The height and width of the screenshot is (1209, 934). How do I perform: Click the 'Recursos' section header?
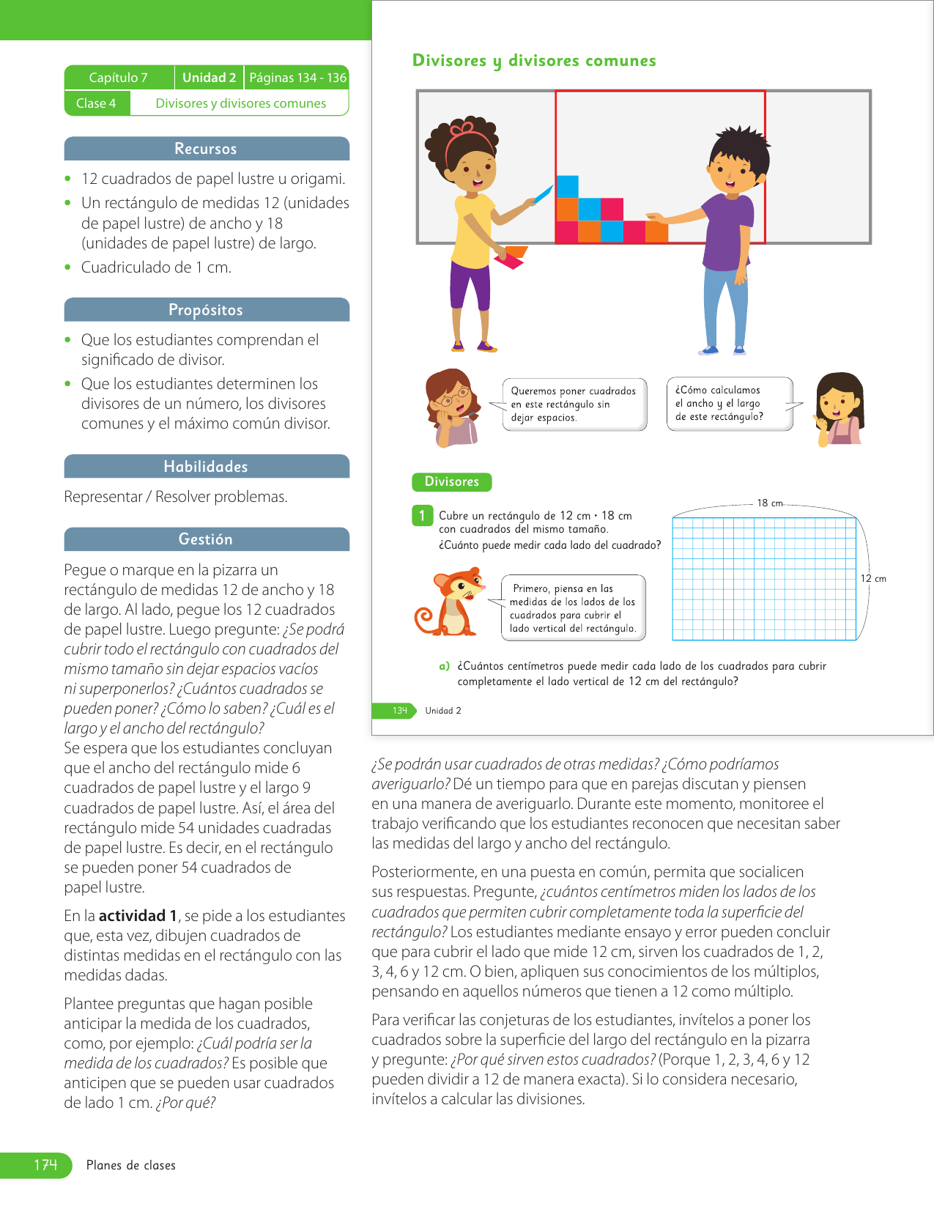[206, 149]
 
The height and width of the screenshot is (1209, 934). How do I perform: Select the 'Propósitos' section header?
[206, 310]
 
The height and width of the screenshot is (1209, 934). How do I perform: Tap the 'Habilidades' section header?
[206, 467]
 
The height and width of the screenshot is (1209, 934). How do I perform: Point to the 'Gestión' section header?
[206, 539]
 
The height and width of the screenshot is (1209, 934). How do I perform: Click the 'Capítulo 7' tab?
[119, 78]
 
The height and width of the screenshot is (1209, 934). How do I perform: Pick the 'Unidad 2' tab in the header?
[209, 78]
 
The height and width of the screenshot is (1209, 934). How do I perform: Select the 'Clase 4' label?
[96, 103]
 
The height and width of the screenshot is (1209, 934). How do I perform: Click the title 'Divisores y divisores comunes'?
[534, 61]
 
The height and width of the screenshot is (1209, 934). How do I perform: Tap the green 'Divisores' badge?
[451, 481]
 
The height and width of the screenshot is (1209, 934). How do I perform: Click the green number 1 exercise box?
[422, 516]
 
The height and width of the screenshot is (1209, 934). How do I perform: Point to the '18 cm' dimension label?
[769, 503]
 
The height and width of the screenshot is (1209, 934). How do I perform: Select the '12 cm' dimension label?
[873, 579]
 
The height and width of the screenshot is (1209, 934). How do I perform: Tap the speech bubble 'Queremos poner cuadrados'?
[574, 404]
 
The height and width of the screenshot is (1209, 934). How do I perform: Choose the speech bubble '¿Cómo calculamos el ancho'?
[729, 404]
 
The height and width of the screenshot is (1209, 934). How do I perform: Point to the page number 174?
[45, 1165]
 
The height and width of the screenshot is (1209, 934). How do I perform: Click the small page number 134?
[399, 711]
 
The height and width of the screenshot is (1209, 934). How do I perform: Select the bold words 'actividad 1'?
[138, 916]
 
